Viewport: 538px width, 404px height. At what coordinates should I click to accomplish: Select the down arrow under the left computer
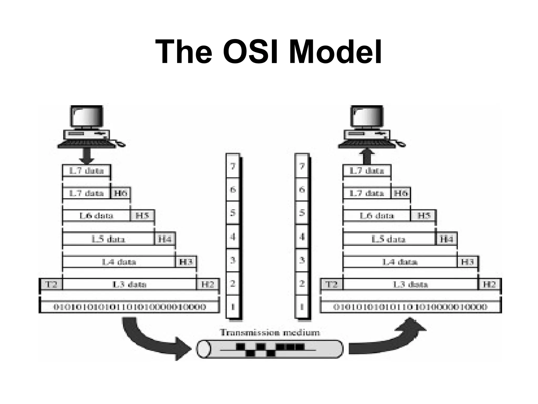click(x=86, y=156)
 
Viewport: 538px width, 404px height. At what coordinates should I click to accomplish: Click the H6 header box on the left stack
click(x=120, y=193)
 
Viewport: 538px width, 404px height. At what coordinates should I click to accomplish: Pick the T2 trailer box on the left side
click(x=51, y=284)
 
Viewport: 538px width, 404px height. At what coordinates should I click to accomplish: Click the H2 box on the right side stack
click(x=489, y=284)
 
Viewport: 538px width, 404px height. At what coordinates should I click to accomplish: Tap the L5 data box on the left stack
click(x=108, y=239)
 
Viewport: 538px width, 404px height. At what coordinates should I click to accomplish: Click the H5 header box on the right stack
click(x=423, y=216)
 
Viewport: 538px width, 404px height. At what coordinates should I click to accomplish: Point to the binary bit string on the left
click(x=130, y=307)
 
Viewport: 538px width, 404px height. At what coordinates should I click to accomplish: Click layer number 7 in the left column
click(x=233, y=166)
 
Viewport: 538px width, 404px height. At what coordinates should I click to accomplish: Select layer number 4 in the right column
click(x=302, y=237)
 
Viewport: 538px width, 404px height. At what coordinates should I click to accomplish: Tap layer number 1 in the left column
click(x=233, y=307)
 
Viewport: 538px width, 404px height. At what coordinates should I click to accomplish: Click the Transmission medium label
click(x=270, y=332)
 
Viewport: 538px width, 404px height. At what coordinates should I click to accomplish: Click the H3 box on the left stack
click(x=186, y=262)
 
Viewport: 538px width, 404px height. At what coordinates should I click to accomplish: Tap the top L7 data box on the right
click(x=367, y=171)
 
